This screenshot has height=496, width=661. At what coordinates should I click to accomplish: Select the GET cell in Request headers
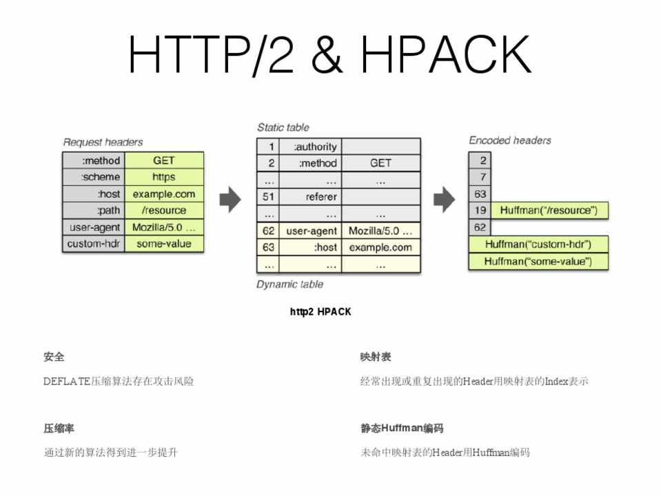(x=164, y=161)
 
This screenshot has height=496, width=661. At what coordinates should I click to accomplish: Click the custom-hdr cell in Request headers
(x=94, y=244)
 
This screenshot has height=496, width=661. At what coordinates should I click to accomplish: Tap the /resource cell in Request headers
(x=164, y=211)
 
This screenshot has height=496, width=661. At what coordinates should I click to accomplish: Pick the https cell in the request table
(x=164, y=177)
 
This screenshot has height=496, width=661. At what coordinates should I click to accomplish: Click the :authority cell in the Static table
(x=314, y=147)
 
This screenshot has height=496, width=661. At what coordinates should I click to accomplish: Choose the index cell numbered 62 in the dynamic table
(x=269, y=231)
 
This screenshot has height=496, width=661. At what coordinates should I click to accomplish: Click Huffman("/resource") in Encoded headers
(x=549, y=210)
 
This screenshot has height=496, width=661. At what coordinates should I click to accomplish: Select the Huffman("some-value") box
(x=538, y=262)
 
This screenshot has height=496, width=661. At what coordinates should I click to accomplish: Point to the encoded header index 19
(x=480, y=210)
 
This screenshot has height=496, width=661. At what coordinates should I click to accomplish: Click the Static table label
(x=283, y=127)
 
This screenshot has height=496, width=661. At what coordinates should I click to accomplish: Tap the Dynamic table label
(x=289, y=285)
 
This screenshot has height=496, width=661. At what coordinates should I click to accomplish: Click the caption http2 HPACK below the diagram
(x=321, y=312)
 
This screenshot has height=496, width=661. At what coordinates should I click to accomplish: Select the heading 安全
(x=54, y=357)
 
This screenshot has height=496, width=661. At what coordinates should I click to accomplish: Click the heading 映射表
(x=376, y=357)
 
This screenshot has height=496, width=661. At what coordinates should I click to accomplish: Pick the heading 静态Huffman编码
(x=402, y=428)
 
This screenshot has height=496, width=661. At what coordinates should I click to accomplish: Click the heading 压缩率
(x=59, y=428)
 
